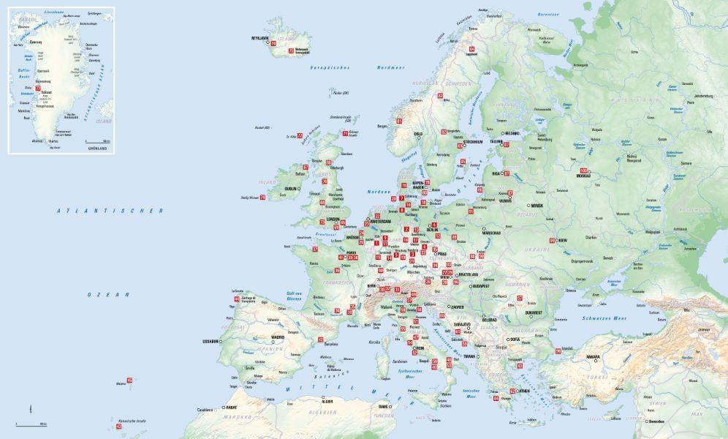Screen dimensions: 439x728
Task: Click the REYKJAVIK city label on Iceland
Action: tap(260, 38)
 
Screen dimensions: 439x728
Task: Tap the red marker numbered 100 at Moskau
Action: tap(583, 171)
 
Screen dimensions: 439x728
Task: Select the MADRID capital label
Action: tap(278, 337)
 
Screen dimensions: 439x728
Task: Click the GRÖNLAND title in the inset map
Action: tap(97, 149)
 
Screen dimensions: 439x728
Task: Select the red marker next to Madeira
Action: tap(129, 380)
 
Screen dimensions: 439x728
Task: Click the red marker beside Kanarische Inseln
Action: tap(118, 427)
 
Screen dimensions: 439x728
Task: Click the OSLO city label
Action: tap(418, 134)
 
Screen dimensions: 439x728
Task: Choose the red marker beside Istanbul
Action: tap(558, 351)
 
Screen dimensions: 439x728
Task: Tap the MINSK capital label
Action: tap(537, 206)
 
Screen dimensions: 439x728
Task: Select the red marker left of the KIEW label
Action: tap(552, 240)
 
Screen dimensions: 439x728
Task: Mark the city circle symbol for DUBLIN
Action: tap(300, 190)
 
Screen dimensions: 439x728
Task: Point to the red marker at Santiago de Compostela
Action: tap(236, 299)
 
